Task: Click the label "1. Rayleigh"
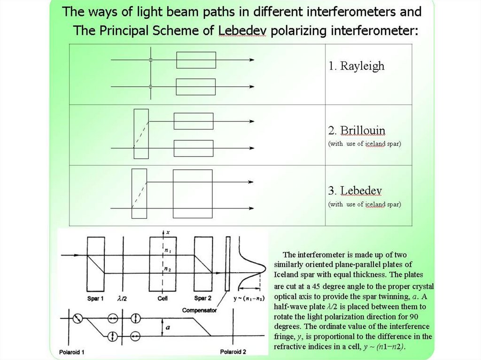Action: [x=356, y=66]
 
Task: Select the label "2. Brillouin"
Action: [x=357, y=130]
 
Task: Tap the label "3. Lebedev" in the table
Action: [x=355, y=191]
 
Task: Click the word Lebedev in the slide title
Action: [x=243, y=31]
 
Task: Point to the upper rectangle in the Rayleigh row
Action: [x=196, y=60]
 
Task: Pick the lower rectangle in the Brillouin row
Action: [x=193, y=148]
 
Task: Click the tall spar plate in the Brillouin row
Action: [x=141, y=134]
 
